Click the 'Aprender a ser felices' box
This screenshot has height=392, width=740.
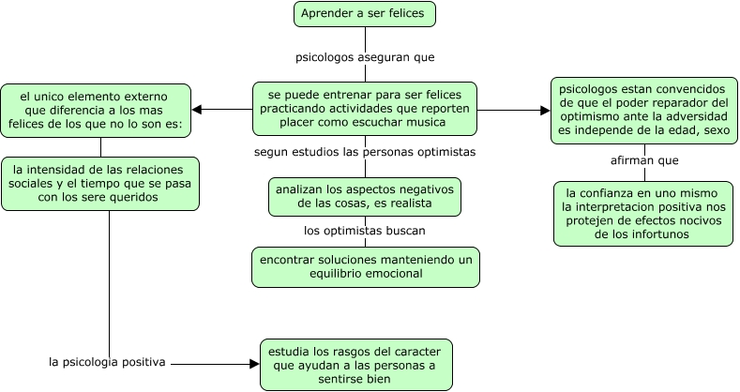click(365, 14)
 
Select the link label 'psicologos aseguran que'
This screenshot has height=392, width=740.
click(365, 56)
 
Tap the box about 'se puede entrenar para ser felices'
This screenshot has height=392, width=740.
click(365, 110)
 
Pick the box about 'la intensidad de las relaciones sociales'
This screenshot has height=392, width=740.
click(99, 183)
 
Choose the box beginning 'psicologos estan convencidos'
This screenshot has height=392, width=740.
click(643, 110)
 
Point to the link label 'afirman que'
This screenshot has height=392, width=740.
click(643, 160)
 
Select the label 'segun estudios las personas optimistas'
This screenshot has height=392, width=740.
click(365, 151)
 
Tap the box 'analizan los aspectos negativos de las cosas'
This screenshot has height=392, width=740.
click(365, 196)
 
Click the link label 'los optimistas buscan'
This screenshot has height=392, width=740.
click(365, 230)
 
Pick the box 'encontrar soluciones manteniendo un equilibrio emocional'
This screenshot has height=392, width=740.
click(365, 266)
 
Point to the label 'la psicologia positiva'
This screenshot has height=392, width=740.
click(107, 361)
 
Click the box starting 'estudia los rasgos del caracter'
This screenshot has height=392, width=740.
click(355, 365)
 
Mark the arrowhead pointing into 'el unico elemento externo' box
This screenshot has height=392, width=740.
click(197, 110)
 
